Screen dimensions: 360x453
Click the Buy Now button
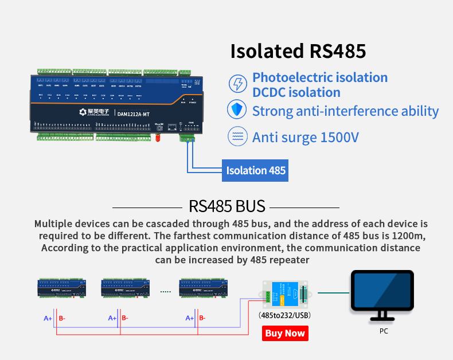click(x=285, y=333)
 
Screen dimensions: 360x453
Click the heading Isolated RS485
click(x=298, y=50)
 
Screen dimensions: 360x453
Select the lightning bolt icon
click(x=237, y=84)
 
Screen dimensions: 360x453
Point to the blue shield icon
click(x=237, y=110)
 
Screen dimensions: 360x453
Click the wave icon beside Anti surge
click(x=237, y=136)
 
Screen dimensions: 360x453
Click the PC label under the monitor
click(x=384, y=331)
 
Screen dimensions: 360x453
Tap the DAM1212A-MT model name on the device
click(x=134, y=113)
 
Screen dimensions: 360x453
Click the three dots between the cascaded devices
click(x=166, y=292)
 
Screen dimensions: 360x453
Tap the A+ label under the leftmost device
click(x=48, y=318)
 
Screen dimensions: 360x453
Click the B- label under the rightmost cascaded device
click(x=202, y=318)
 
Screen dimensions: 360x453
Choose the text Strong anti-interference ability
click(x=345, y=111)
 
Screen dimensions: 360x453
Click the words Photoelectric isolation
click(x=320, y=77)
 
